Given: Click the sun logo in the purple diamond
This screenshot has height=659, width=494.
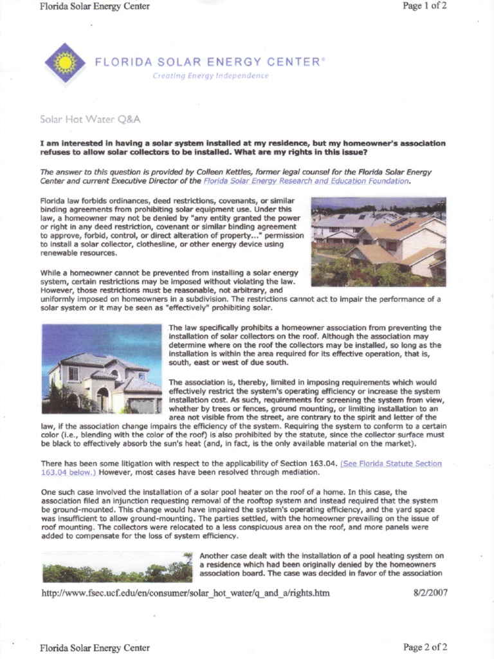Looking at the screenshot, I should click(65, 63).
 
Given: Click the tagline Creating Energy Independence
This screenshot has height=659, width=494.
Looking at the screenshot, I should click(210, 76).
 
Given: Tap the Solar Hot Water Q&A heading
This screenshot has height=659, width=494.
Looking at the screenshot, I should click(90, 120).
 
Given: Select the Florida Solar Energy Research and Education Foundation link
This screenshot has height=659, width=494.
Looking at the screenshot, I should click(306, 181).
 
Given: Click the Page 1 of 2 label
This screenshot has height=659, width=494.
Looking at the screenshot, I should click(425, 6).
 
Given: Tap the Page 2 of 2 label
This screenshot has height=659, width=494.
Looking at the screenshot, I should click(425, 647).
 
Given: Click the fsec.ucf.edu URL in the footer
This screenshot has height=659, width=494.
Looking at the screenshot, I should click(185, 593).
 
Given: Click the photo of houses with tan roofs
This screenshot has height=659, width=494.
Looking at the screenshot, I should click(378, 241).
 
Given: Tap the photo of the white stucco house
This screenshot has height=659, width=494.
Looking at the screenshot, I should click(102, 368).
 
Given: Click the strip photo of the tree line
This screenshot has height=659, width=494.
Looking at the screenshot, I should click(117, 570).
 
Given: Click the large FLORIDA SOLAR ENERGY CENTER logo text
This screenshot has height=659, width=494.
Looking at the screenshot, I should click(206, 62).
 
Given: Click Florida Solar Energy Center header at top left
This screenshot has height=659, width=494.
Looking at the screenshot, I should click(95, 6).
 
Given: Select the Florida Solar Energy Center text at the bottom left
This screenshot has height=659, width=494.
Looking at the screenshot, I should click(95, 647).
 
